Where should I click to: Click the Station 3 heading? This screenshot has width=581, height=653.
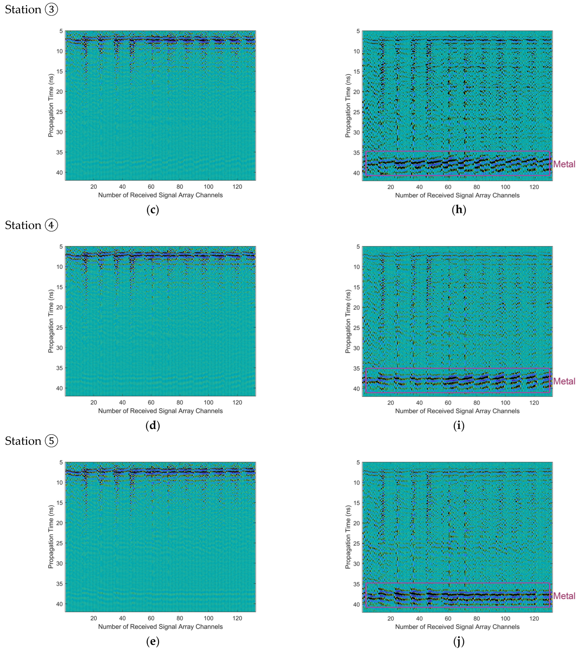click(31, 9)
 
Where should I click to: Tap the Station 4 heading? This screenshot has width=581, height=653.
click(31, 225)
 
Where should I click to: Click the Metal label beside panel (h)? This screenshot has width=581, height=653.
click(564, 164)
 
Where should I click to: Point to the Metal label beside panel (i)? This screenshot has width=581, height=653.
click(564, 381)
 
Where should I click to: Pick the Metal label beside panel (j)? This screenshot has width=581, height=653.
click(564, 596)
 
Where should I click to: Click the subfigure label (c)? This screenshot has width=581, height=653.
click(153, 210)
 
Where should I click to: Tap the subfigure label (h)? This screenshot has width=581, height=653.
click(459, 210)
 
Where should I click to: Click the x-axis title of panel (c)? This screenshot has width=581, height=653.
click(160, 195)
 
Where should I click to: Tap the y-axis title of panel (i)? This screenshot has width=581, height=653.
click(348, 321)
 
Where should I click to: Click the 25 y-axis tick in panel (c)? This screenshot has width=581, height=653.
click(59, 112)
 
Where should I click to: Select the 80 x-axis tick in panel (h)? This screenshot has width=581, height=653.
click(476, 187)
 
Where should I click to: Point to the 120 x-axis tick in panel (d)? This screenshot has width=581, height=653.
click(237, 403)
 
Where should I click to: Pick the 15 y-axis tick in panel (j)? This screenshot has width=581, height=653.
click(356, 503)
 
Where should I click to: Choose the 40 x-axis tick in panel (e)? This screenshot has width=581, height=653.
click(122, 618)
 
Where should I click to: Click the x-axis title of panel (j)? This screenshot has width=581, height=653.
click(457, 627)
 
